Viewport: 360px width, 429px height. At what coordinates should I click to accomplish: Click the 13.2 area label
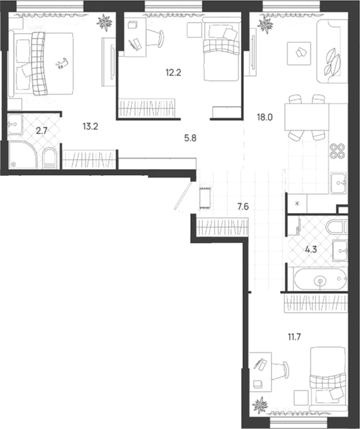[90, 126]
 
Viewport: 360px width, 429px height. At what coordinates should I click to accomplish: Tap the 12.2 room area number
[174, 72]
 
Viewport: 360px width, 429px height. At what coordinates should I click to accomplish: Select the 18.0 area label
[264, 118]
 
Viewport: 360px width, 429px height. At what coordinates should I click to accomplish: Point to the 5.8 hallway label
[190, 138]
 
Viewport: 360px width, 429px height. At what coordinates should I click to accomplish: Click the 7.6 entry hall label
[243, 207]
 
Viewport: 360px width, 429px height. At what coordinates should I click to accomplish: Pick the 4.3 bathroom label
[311, 249]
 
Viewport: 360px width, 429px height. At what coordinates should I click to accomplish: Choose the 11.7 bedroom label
[294, 337]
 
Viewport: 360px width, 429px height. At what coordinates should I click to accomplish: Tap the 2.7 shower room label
[42, 131]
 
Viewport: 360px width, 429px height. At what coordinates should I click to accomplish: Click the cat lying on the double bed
[62, 63]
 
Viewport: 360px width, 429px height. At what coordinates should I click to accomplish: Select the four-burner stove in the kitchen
[337, 151]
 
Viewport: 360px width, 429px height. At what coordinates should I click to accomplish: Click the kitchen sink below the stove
[339, 183]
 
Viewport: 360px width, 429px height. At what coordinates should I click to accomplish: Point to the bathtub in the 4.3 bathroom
[320, 279]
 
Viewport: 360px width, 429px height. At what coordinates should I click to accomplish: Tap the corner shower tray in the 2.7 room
[22, 154]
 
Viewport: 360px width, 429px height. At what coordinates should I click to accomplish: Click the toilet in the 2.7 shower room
[50, 158]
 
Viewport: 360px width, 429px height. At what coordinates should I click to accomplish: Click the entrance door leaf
[183, 196]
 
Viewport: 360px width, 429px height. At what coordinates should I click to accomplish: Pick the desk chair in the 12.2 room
[155, 37]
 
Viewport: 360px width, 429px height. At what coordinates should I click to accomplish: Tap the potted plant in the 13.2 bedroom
[104, 22]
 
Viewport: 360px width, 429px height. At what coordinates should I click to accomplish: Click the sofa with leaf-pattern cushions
[332, 51]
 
